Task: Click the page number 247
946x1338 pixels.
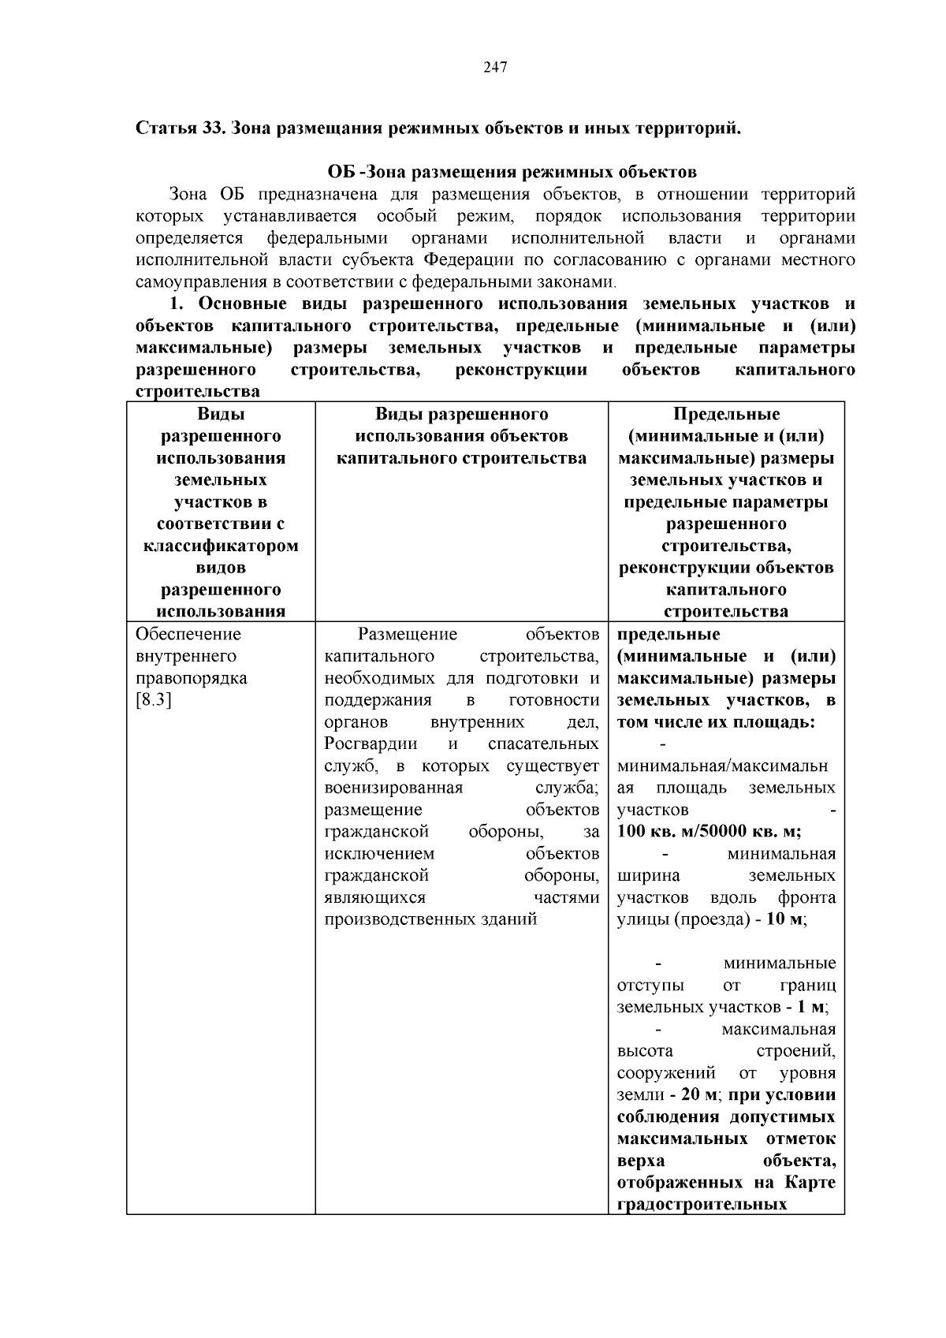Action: (494, 67)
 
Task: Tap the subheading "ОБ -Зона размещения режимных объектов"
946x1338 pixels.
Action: (512, 172)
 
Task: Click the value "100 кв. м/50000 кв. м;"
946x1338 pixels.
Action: (709, 832)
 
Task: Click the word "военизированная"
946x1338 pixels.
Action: (393, 788)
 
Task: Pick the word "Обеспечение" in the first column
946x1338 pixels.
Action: (188, 635)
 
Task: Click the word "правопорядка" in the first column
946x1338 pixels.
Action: (192, 678)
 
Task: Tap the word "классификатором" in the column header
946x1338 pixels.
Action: (221, 546)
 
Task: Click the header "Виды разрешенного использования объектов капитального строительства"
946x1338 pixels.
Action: (461, 436)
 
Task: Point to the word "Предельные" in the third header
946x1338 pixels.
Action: (726, 414)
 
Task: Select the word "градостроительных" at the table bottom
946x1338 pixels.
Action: (702, 1205)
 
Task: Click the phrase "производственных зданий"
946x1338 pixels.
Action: (430, 919)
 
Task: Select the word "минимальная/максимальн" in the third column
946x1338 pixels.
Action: (722, 766)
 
